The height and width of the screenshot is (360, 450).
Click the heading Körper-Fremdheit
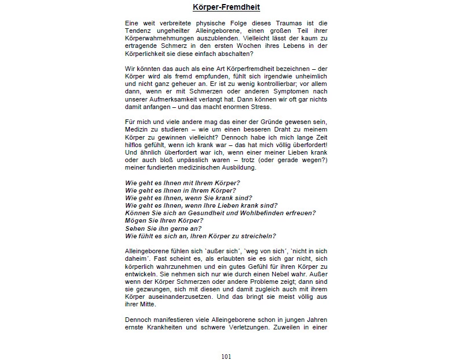pyautogui.click(x=226, y=7)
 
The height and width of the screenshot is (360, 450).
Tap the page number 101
pyautogui.click(x=226, y=356)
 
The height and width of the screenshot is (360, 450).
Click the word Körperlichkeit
pyautogui.click(x=147, y=54)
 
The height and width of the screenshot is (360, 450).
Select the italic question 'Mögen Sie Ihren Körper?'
pyautogui.click(x=164, y=220)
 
